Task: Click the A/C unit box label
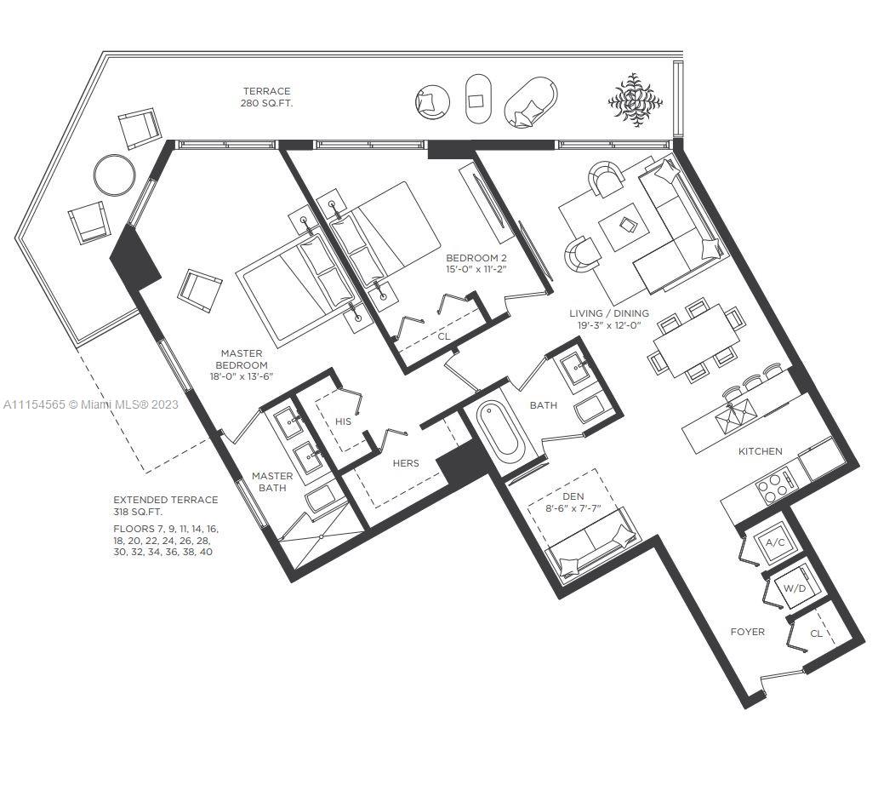[775, 542]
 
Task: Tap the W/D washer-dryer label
[794, 588]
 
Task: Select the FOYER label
[748, 632]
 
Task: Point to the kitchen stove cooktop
[775, 486]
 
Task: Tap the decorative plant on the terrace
[635, 100]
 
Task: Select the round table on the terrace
[114, 175]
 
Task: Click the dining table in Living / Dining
[697, 341]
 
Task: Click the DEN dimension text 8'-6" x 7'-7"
[573, 509]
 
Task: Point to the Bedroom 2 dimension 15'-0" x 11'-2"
[476, 270]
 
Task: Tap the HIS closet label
[343, 421]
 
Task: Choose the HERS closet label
[406, 463]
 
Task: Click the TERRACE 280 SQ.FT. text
[266, 97]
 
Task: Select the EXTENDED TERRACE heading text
[166, 499]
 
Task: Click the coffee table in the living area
[624, 226]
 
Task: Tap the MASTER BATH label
[272, 482]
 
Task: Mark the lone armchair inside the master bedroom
[199, 290]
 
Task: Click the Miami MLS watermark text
[91, 404]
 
